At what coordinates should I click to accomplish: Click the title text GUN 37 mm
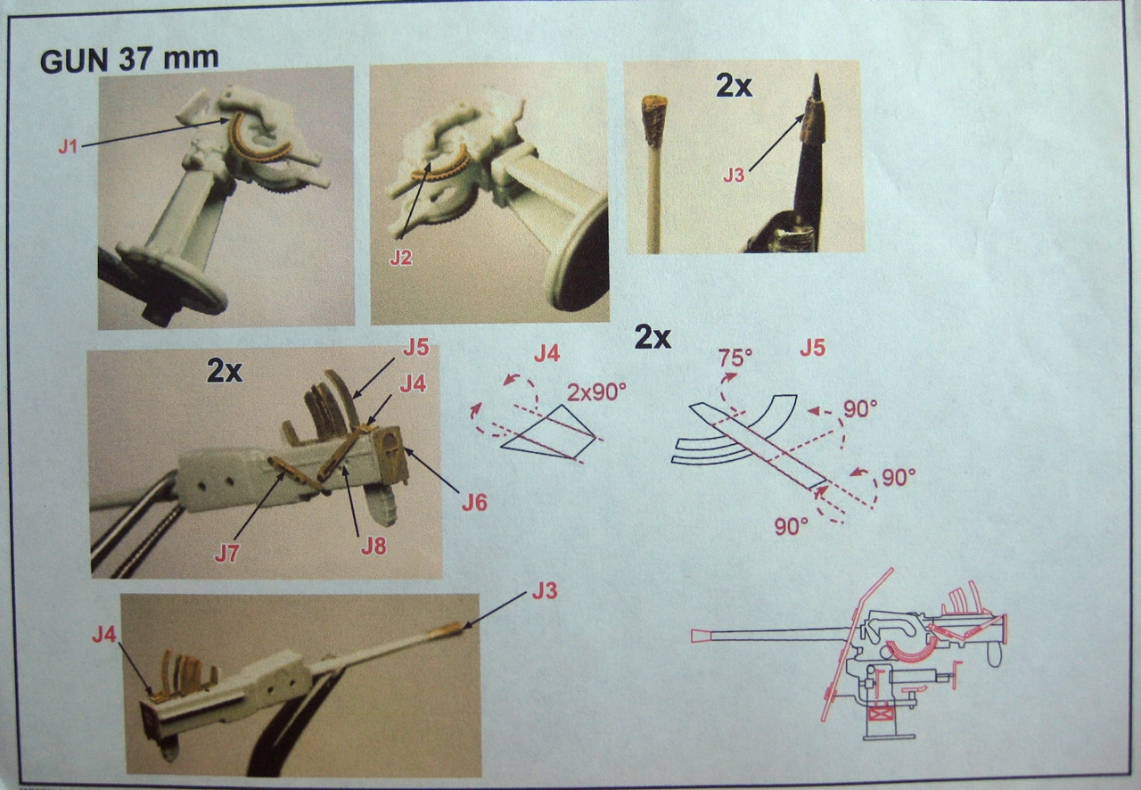pos(129,60)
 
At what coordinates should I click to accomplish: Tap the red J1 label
pos(68,147)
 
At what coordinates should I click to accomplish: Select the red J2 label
pos(401,259)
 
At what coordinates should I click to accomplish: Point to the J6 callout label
pos(474,503)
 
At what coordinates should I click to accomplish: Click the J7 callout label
pos(227,553)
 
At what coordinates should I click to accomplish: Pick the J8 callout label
pos(373,547)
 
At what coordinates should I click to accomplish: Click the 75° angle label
pos(735,358)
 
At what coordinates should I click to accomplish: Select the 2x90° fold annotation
pos(596,392)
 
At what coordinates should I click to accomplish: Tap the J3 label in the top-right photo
pos(734,176)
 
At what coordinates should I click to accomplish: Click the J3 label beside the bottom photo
pos(545,591)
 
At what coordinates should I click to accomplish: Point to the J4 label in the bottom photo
pos(104,635)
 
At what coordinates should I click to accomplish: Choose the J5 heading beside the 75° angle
pos(812,349)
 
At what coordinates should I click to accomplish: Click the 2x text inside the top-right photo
pos(734,86)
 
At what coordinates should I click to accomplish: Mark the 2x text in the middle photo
pos(224,372)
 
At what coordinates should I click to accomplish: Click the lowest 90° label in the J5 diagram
pos(791,527)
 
